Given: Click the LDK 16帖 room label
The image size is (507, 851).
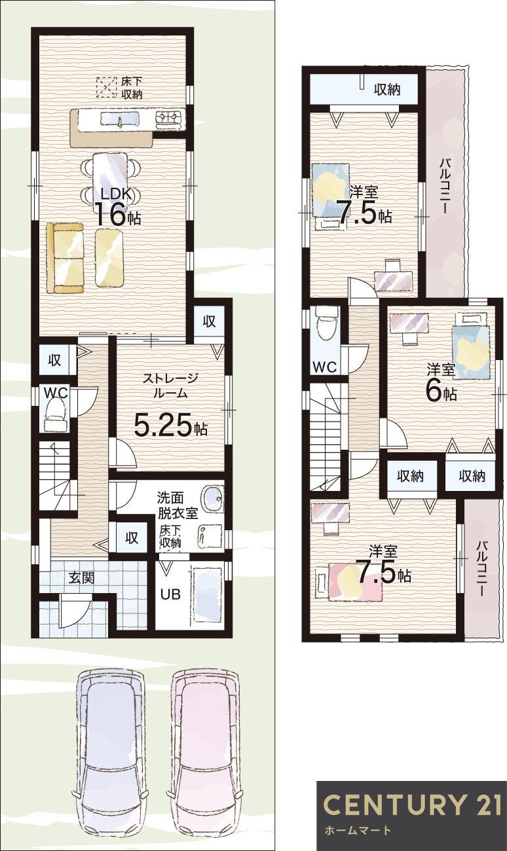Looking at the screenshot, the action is pyautogui.click(x=117, y=207).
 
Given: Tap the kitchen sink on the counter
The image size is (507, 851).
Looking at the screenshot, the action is pyautogui.click(x=120, y=120).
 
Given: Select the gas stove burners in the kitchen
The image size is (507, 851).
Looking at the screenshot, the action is pyautogui.click(x=170, y=116).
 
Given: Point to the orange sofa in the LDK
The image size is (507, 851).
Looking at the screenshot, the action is pyautogui.click(x=66, y=257).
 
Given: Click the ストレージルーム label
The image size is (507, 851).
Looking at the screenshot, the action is pyautogui.click(x=170, y=386).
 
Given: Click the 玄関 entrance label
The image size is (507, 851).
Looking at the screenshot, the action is pyautogui.click(x=81, y=578).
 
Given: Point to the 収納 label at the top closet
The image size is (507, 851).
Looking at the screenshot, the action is pyautogui.click(x=387, y=90).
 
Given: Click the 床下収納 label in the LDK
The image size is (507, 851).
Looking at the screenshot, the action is pyautogui.click(x=132, y=88).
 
